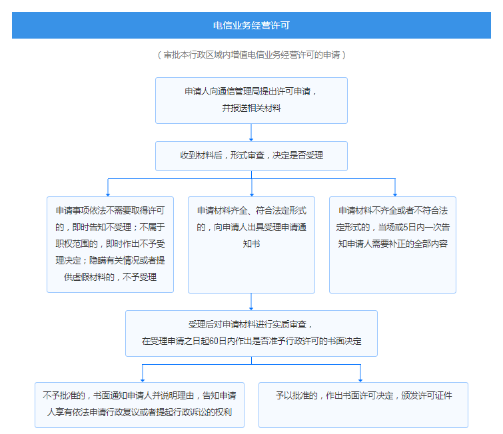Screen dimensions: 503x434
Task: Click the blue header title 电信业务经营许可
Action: pyautogui.click(x=251, y=25)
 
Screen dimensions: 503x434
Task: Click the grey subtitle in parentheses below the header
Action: pyautogui.click(x=251, y=55)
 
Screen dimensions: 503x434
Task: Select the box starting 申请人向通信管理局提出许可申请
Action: pyautogui.click(x=251, y=101)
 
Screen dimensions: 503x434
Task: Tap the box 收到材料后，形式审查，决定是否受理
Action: pyautogui.click(x=251, y=156)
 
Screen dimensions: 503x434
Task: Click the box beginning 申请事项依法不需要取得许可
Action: pyautogui.click(x=110, y=244)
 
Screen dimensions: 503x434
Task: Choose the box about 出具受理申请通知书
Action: pyautogui.click(x=251, y=244)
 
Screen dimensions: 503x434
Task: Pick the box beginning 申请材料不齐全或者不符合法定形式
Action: pyautogui.click(x=392, y=244)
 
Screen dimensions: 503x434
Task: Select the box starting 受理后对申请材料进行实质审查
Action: pyautogui.click(x=251, y=333)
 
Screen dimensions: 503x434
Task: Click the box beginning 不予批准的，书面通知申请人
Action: pyautogui.click(x=139, y=405)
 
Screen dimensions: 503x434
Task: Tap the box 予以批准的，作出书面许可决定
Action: pyautogui.click(x=363, y=405)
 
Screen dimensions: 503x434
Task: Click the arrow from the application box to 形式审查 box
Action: pyautogui.click(x=251, y=132)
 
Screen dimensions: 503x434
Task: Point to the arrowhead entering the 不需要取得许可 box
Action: pyautogui.click(x=108, y=194)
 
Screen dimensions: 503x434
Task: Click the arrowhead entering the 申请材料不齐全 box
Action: pyautogui.click(x=395, y=194)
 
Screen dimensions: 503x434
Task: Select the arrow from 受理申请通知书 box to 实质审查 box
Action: pyautogui.click(x=251, y=302)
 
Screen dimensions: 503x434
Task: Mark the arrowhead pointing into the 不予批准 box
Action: pyautogui.click(x=143, y=380)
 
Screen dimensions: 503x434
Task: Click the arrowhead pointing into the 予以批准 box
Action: pyautogui.click(x=360, y=380)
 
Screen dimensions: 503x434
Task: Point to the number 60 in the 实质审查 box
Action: pyautogui.click(x=214, y=341)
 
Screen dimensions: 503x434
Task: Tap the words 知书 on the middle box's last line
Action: pyautogui.click(x=251, y=244)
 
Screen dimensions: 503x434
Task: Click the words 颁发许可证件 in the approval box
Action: pyautogui.click(x=426, y=395)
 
